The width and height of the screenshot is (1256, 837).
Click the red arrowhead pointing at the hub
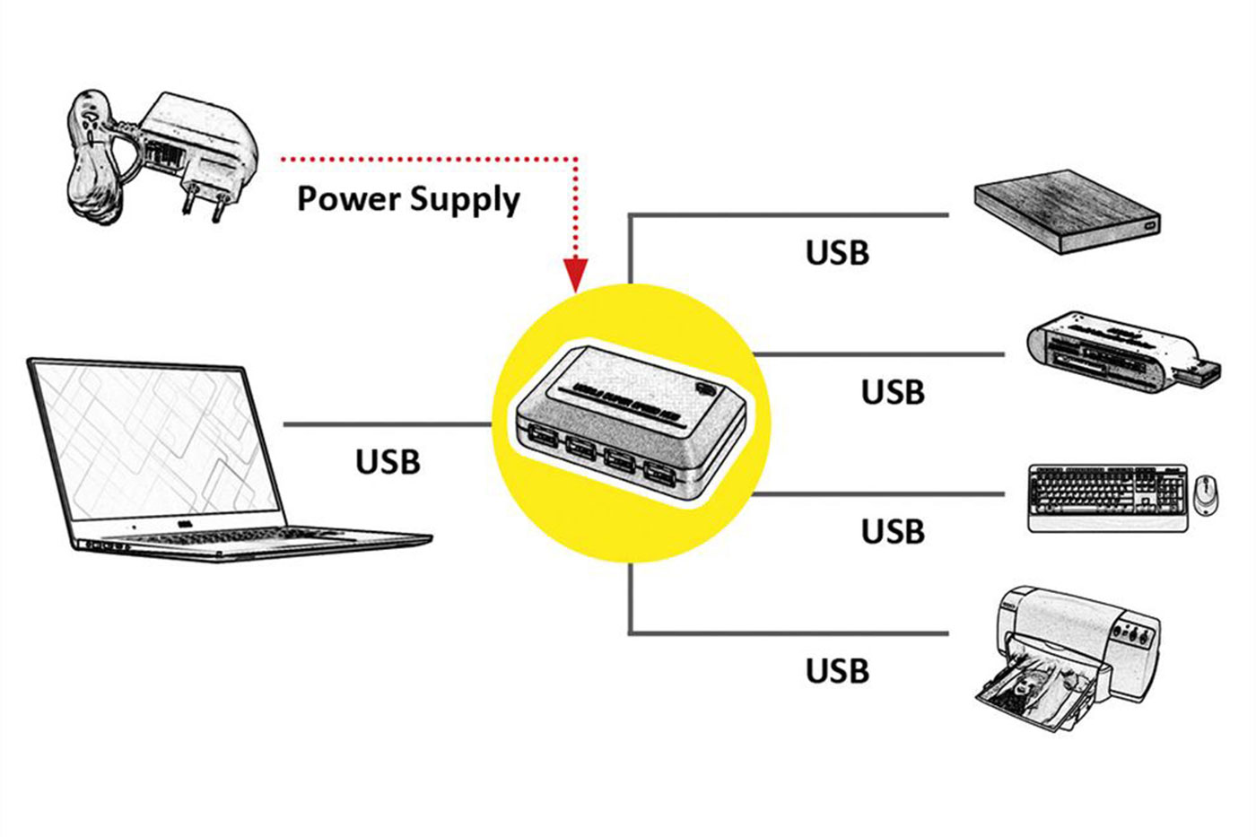pos(575,273)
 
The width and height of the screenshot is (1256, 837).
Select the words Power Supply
pos(408,198)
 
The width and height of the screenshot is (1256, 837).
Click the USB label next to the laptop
pos(388,461)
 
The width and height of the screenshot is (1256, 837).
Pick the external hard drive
pos(1067,214)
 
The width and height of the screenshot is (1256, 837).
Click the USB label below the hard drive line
pos(837,253)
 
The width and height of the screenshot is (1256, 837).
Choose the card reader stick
pos(1108,352)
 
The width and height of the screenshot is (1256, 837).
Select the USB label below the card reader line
pos(893,392)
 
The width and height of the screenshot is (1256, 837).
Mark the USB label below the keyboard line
pos(893,531)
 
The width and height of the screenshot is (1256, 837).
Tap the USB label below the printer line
pos(837,670)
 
